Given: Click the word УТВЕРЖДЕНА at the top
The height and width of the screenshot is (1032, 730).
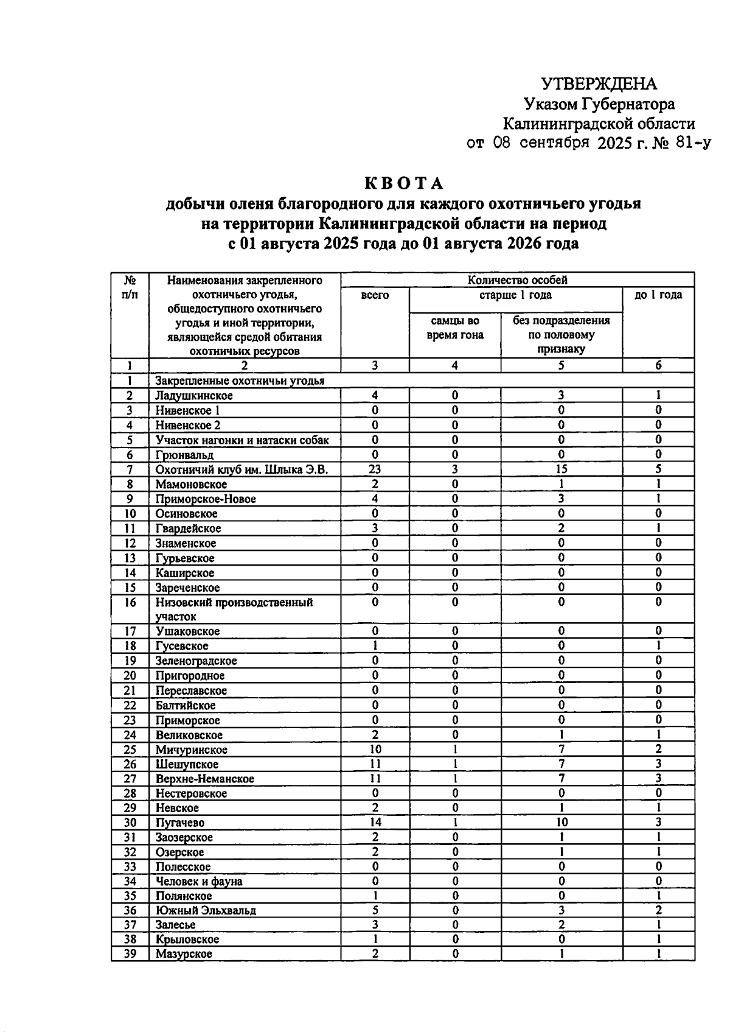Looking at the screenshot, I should coord(599,84).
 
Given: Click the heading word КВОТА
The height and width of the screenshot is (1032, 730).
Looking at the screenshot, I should coord(404,183).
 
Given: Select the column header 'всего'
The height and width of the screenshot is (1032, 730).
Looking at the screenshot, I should coord(375,295).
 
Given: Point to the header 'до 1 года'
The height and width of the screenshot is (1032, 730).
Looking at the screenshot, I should coord(658,295).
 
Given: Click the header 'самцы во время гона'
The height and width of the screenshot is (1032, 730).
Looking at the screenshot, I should coord(454,328).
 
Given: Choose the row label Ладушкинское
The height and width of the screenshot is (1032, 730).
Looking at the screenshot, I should coord(194,396).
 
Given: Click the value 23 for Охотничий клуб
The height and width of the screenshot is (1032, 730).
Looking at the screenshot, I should coord(375,469).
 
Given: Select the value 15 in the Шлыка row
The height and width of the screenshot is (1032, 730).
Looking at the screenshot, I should coord(561,469).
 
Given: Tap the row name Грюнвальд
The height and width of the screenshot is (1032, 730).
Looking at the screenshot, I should coord(184,455).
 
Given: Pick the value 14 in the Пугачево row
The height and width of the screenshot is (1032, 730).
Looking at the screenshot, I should coord(375,823).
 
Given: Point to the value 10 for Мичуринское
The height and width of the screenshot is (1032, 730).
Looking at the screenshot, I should coord(375,749).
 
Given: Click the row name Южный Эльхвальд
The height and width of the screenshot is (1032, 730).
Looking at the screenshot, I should coord(206,911).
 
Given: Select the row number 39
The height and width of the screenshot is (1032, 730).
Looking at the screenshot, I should coord(130,954).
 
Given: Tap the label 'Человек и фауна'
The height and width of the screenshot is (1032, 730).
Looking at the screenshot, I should coord(199,882).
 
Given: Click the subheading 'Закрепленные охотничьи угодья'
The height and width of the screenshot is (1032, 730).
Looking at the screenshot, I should coord(240,381).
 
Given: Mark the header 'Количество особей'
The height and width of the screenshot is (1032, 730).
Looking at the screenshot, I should coord(517,280).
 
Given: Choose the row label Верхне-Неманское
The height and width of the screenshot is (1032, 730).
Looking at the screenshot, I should coord(205,779).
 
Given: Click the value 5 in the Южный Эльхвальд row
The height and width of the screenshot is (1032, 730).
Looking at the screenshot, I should coord(375,910).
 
